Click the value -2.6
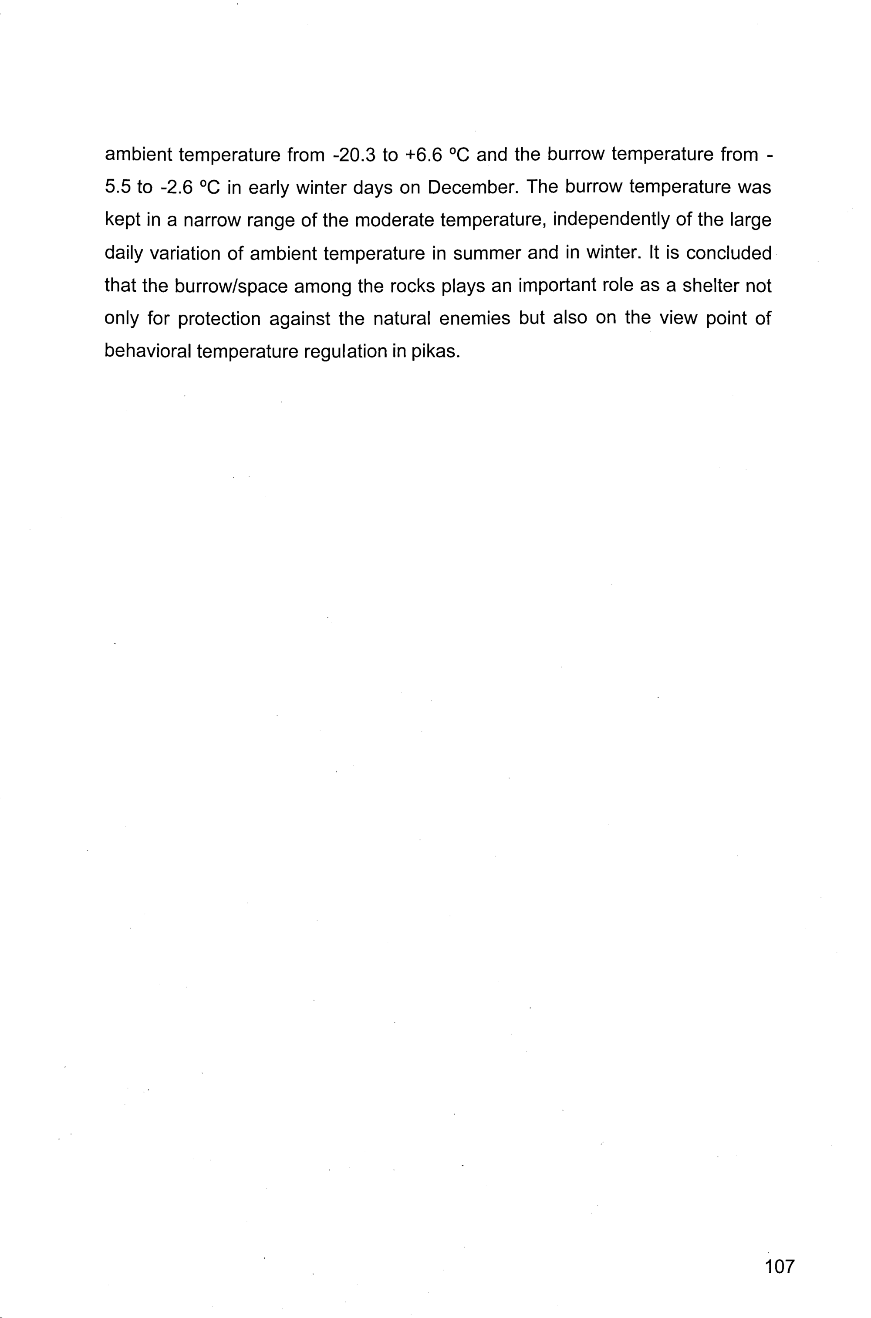[x=176, y=188]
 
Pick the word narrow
[x=211, y=220]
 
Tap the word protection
[x=219, y=319]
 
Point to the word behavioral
[x=148, y=352]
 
